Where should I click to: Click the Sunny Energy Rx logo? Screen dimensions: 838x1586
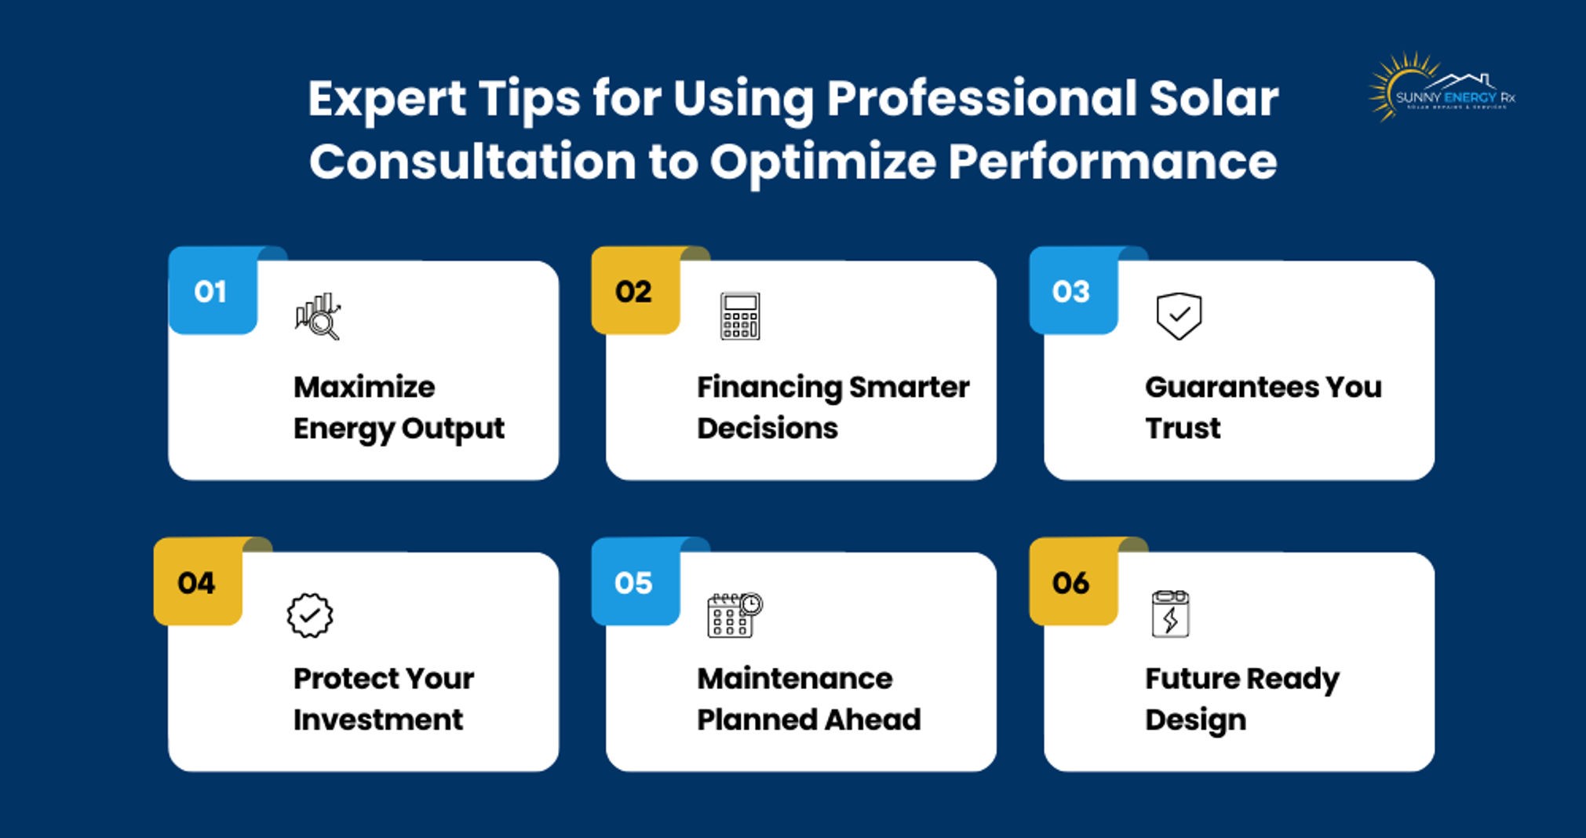point(1442,89)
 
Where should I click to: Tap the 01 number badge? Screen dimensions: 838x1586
point(212,292)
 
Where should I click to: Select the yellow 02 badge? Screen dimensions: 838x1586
point(634,292)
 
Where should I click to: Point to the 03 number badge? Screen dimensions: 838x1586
point(1072,292)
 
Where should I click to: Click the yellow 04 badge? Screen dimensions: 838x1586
point(197,583)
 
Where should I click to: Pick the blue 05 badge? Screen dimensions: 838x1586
point(634,583)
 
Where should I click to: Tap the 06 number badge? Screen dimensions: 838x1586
point(1072,583)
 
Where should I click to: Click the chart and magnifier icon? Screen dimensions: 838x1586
point(318,316)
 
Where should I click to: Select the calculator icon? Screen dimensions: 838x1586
point(740,316)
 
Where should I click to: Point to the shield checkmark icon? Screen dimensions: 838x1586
point(1179,316)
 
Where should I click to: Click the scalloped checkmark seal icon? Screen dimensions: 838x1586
point(310,615)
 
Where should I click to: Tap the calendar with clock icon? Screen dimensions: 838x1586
point(735,615)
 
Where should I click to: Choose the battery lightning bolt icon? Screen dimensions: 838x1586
point(1170,614)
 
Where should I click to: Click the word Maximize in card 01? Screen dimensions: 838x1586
point(364,387)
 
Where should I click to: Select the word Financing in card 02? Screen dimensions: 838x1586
point(769,387)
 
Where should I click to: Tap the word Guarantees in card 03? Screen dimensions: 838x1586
point(1231,387)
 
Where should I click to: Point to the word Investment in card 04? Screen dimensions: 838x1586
point(378,720)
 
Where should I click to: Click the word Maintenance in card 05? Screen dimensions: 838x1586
point(794,679)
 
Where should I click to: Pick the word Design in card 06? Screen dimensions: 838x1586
point(1195,720)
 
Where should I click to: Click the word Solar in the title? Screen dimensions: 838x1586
point(1214,99)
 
